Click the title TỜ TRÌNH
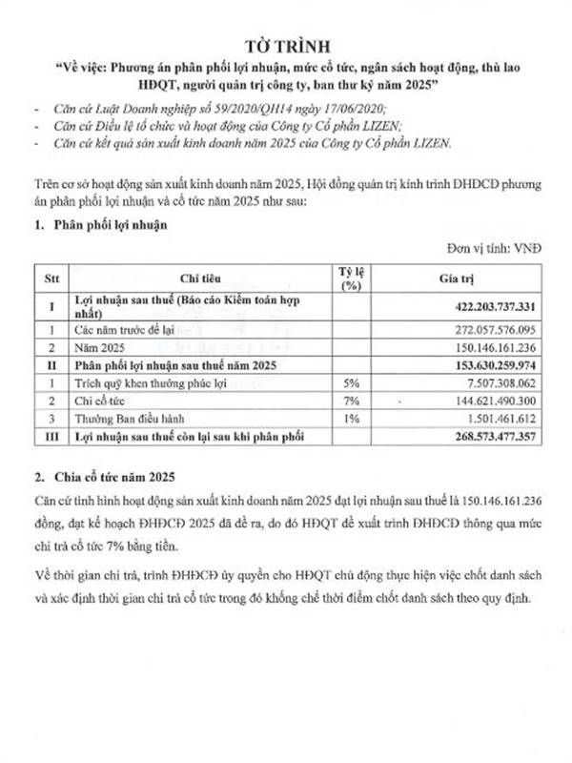[x=286, y=45]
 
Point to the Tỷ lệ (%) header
[x=353, y=277]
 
